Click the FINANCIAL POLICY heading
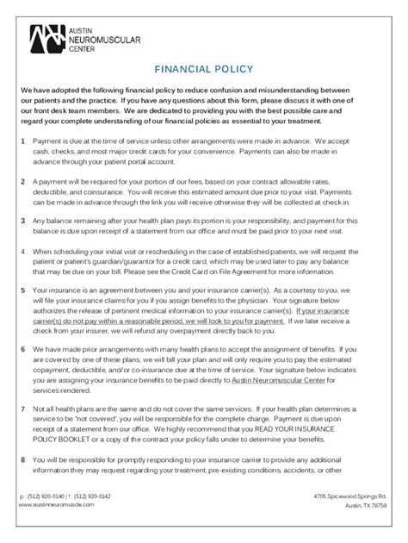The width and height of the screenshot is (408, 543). click(203, 69)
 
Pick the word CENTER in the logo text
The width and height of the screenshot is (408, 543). click(84, 48)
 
